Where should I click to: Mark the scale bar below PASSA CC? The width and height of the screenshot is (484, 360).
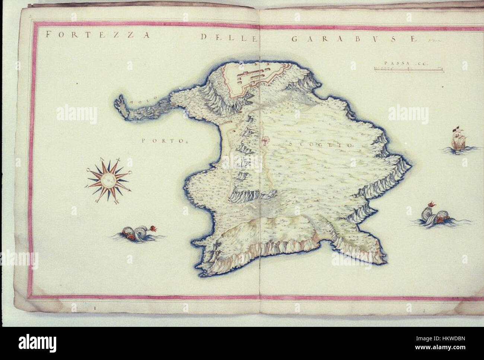408,68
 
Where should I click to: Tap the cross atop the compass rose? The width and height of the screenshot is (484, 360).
119,161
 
